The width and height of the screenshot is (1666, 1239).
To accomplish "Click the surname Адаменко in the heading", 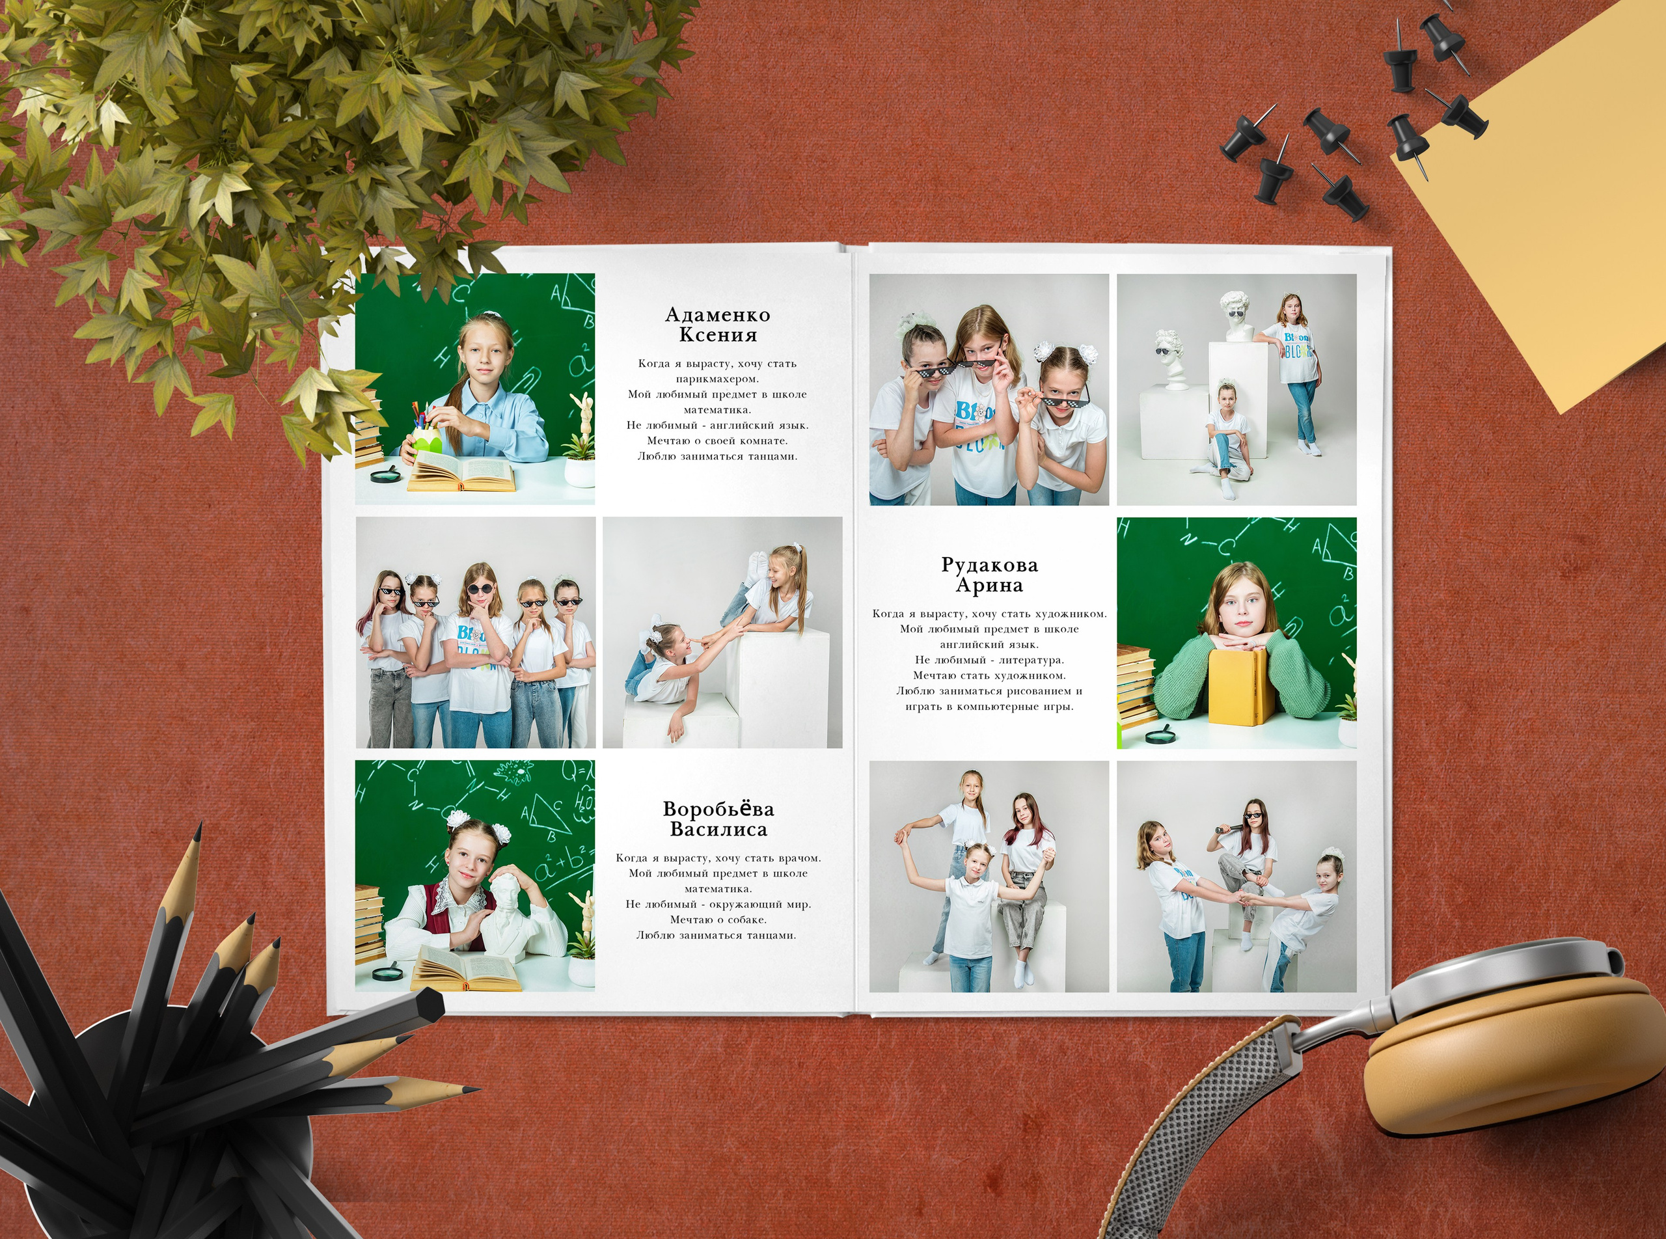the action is tap(718, 314).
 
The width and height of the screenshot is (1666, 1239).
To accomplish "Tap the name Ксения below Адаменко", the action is tap(718, 334).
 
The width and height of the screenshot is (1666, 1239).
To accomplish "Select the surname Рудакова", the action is tap(989, 565).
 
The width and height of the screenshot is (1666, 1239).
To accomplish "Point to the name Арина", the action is tap(989, 585).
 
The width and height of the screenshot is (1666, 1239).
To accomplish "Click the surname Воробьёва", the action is tap(718, 810).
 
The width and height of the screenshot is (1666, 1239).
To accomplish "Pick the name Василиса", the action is tap(718, 830).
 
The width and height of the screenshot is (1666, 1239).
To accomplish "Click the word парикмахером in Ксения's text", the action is tap(717, 379).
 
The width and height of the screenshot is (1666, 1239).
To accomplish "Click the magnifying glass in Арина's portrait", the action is tap(1160, 735).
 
